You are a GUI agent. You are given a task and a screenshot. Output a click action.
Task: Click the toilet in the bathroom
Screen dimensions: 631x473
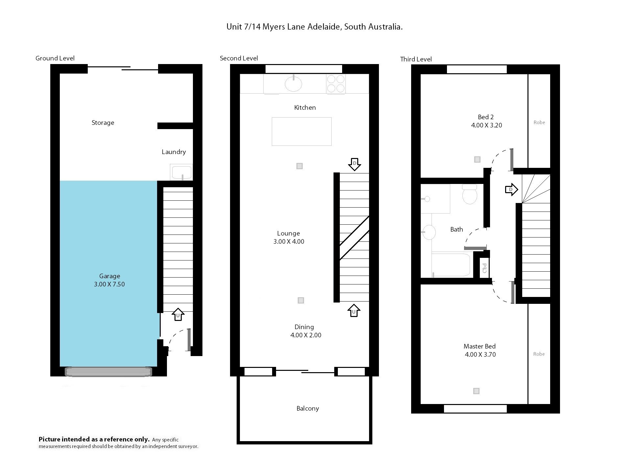point(469,194)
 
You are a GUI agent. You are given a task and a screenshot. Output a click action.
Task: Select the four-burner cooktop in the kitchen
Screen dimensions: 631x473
point(336,84)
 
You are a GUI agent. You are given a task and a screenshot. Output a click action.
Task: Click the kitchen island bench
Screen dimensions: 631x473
point(301,131)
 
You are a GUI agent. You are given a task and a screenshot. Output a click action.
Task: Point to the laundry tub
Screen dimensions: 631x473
point(181,172)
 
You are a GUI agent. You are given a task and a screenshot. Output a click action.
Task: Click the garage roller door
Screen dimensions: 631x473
point(108,372)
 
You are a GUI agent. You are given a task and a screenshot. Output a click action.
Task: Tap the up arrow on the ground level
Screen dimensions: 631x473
point(178,314)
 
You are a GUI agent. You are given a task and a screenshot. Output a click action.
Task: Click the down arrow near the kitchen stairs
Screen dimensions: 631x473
point(354,164)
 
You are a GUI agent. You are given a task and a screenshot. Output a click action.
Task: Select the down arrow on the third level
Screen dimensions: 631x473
point(511,190)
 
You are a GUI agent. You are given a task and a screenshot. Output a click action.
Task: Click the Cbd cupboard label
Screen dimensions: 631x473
point(484,268)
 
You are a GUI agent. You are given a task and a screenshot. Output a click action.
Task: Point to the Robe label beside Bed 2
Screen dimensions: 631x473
point(539,123)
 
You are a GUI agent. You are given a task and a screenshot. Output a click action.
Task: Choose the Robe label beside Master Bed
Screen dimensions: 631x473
point(539,354)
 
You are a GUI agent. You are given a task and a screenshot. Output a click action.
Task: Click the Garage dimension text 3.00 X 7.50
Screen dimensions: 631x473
point(109,284)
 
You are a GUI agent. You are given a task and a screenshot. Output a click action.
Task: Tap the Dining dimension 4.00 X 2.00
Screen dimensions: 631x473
point(306,335)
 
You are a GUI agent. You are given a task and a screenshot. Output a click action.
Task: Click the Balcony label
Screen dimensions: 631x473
point(308,409)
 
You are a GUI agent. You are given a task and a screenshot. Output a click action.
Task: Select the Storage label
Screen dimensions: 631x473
point(103,123)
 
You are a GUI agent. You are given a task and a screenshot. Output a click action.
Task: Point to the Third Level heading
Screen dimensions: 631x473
point(416,59)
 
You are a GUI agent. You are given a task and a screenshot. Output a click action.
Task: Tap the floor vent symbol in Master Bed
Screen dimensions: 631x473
point(476,391)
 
